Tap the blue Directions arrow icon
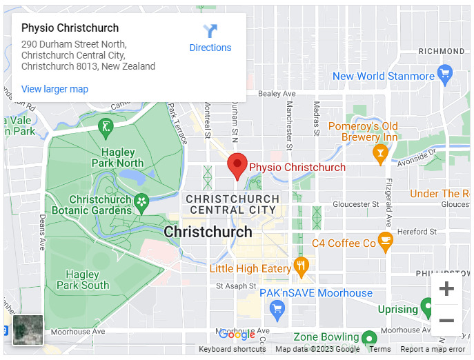pos(210,31)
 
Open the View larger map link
pos(55,89)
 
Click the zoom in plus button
pos(446,288)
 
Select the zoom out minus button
pos(446,321)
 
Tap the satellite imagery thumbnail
pos(28,330)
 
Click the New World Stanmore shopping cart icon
pos(445,72)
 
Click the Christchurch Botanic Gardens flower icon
pos(141,202)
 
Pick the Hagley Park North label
pos(117,158)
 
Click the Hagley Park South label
pos(83,280)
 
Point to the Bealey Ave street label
pos(277,94)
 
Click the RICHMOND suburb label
pos(442,51)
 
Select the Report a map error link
pos(433,350)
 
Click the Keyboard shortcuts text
pos(232,350)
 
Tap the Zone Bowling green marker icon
pos(369,338)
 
